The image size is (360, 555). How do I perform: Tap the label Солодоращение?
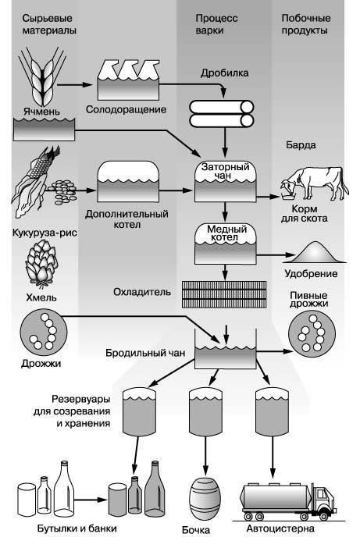coord(126,109)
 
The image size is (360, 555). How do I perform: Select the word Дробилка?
coord(224,73)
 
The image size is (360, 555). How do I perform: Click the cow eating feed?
coord(315,183)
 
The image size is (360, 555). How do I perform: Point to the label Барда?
coord(301,144)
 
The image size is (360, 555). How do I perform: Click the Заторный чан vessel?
coord(226,182)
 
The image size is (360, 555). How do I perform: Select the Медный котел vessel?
coord(226,244)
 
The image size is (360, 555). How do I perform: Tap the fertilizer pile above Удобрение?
coord(315,252)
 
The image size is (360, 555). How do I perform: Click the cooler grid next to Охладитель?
coord(224,294)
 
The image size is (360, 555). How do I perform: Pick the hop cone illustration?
coord(41,263)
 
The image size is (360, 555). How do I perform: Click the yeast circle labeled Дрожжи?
coord(44,333)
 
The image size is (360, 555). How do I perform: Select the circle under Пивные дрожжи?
coord(312,334)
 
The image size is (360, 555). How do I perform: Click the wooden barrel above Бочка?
coord(205,498)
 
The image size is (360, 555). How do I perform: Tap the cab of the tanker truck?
coord(324,499)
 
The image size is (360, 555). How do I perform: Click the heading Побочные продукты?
coord(306,24)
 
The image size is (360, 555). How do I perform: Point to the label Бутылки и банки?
coord(77,528)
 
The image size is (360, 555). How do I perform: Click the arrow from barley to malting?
coord(75,85)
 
